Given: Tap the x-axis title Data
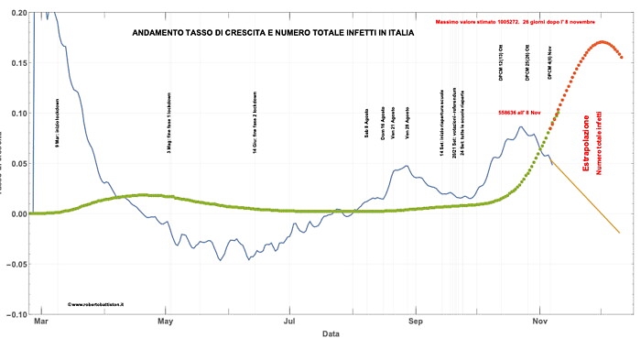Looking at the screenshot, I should (331, 334).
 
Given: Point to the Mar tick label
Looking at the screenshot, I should (40, 322).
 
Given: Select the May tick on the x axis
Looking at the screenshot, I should (166, 322).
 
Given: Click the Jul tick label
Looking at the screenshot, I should (290, 322).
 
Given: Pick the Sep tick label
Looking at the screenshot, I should (416, 322).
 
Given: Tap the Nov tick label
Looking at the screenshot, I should (540, 322).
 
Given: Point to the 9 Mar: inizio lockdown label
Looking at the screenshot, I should (58, 118).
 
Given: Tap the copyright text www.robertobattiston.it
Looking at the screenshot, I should (96, 301).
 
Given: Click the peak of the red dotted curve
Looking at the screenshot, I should (603, 41).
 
